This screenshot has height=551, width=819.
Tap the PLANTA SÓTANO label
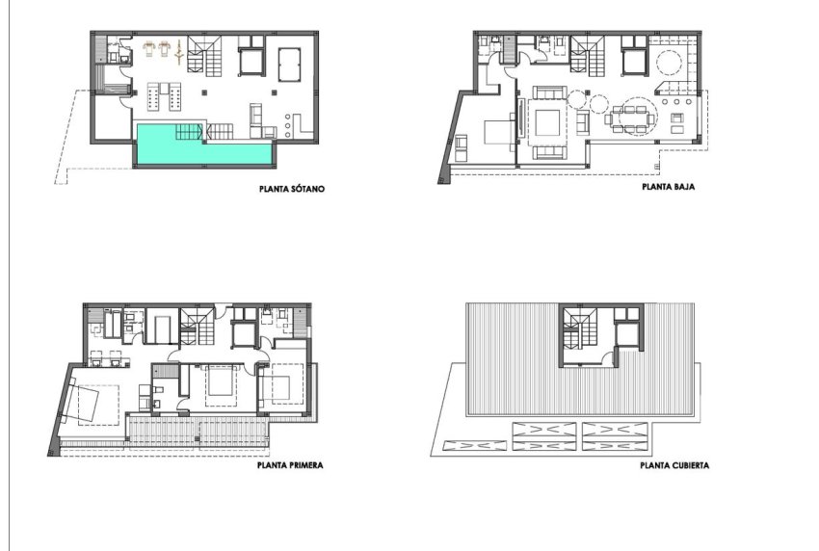tap(291, 190)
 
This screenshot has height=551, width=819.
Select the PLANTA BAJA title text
tap(669, 190)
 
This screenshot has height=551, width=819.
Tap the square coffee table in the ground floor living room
tap(546, 123)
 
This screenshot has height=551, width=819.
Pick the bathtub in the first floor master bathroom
tap(162, 328)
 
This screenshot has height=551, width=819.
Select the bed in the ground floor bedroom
tap(495, 131)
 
